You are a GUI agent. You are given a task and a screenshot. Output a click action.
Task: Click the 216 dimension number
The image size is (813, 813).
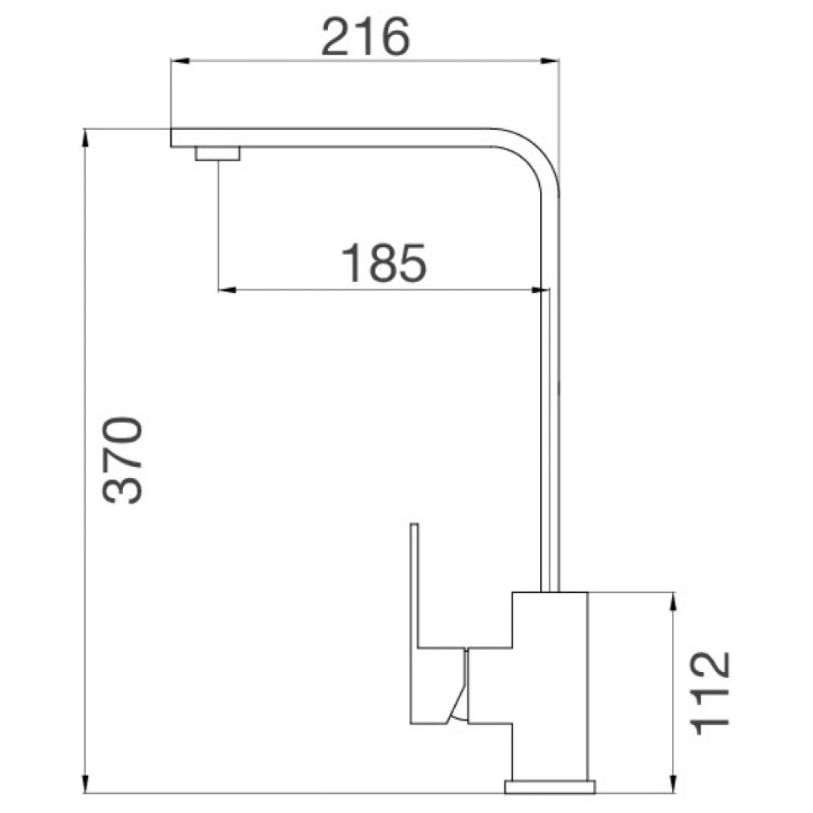365,37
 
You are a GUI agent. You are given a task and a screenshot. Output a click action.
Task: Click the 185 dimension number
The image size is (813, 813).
384,263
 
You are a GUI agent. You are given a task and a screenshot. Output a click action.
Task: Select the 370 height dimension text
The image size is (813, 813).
122,460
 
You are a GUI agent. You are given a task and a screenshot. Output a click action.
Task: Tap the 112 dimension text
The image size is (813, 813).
709,692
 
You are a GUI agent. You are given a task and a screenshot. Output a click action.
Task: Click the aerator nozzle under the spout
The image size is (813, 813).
217,154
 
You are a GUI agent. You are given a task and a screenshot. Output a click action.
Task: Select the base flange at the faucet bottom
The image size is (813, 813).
550,786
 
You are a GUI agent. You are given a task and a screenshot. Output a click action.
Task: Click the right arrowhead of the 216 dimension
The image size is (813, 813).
553,61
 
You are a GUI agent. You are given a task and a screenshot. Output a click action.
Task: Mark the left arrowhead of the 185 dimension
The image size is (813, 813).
225,289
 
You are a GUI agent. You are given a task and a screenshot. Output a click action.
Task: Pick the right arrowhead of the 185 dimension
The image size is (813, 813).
542,289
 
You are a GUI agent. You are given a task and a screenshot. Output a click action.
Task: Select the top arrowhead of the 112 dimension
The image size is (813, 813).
674,600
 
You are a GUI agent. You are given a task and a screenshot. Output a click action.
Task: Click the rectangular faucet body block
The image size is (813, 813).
550,686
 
